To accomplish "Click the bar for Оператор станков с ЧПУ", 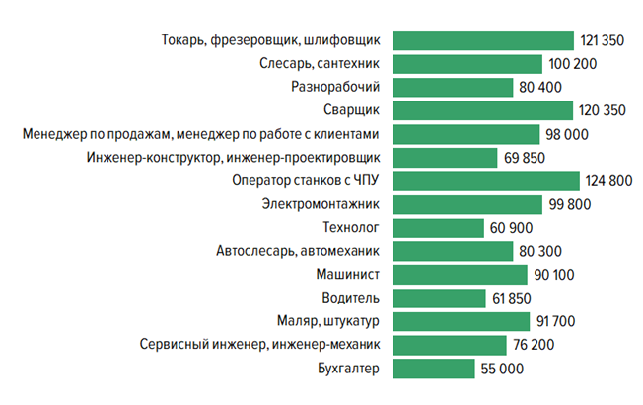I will [x=485, y=181].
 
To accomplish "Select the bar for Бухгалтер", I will [x=433, y=369].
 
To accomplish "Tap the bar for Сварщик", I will [x=483, y=110].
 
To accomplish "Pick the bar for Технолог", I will [x=437, y=228].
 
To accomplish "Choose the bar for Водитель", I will [x=439, y=298].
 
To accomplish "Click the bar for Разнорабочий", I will [x=453, y=87].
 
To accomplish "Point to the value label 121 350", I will [x=604, y=40].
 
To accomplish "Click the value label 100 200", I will [x=572, y=64].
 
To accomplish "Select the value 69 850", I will [x=530, y=158].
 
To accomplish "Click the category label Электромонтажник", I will [x=321, y=205].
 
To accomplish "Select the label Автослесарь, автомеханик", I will [x=299, y=251].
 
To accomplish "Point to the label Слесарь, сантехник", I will [x=321, y=64].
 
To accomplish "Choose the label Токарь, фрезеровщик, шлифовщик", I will [x=270, y=40].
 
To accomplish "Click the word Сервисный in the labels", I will [x=174, y=345].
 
